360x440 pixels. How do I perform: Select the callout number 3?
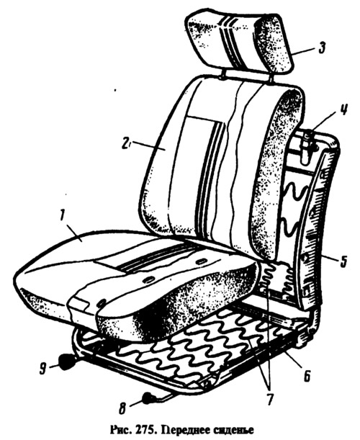click(x=321, y=48)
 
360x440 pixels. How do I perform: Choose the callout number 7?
click(x=269, y=399)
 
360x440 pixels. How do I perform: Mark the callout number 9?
click(x=42, y=368)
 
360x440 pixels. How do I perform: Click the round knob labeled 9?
click(x=66, y=362)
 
